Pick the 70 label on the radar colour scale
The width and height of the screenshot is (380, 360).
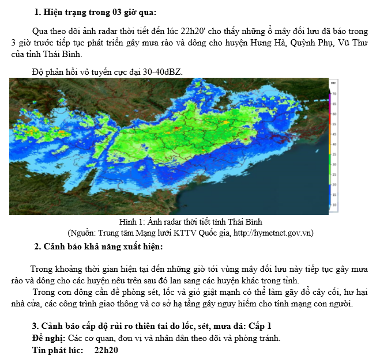coord(335,93)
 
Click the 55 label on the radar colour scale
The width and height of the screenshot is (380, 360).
coord(335,124)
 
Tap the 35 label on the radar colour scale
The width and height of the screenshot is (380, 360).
coord(335,154)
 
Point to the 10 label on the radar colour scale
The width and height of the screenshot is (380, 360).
coord(335,204)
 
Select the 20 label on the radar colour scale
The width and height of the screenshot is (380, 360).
coord(335,184)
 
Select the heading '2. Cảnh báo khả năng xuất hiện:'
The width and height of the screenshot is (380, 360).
coord(99,247)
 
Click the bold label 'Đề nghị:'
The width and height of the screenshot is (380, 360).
coord(49,338)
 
